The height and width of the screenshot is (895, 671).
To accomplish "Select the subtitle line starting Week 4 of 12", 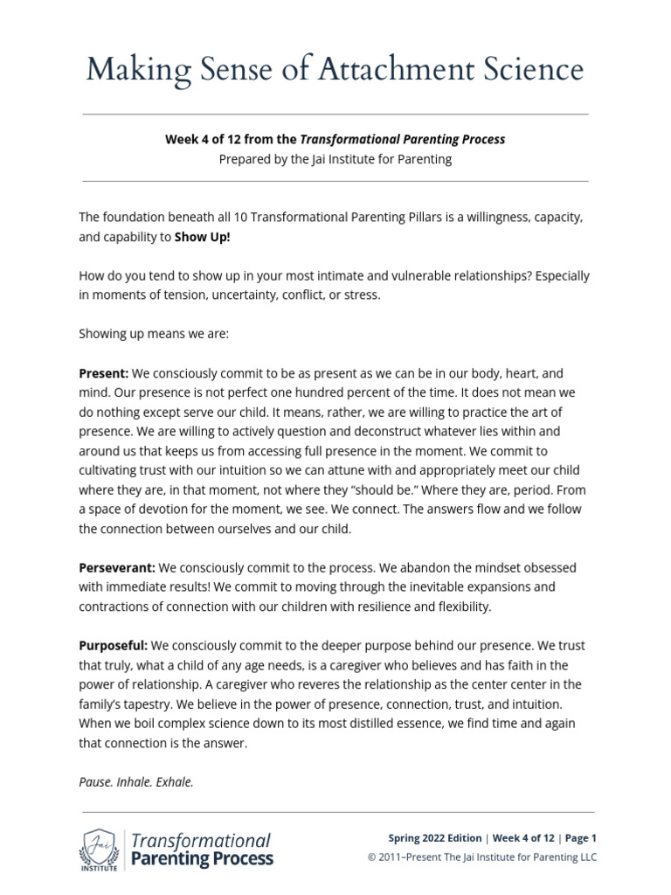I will [335, 139].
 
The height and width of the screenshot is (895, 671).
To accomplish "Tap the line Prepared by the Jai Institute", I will [335, 160].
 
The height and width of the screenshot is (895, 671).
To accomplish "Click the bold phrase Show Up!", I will [203, 236].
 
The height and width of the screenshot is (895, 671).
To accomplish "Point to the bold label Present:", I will [103, 372].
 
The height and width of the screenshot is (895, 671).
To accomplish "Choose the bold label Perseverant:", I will [117, 567].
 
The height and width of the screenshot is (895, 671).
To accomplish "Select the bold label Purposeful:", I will [114, 646].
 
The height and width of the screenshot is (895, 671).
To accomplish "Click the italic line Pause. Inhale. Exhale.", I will [136, 782].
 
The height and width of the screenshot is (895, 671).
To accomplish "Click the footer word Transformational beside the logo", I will [200, 841].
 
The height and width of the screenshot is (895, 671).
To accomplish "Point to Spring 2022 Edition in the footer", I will [434, 838].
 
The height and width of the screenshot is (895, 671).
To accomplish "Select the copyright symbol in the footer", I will [372, 857].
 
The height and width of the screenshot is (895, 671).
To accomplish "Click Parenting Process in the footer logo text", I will [201, 859].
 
